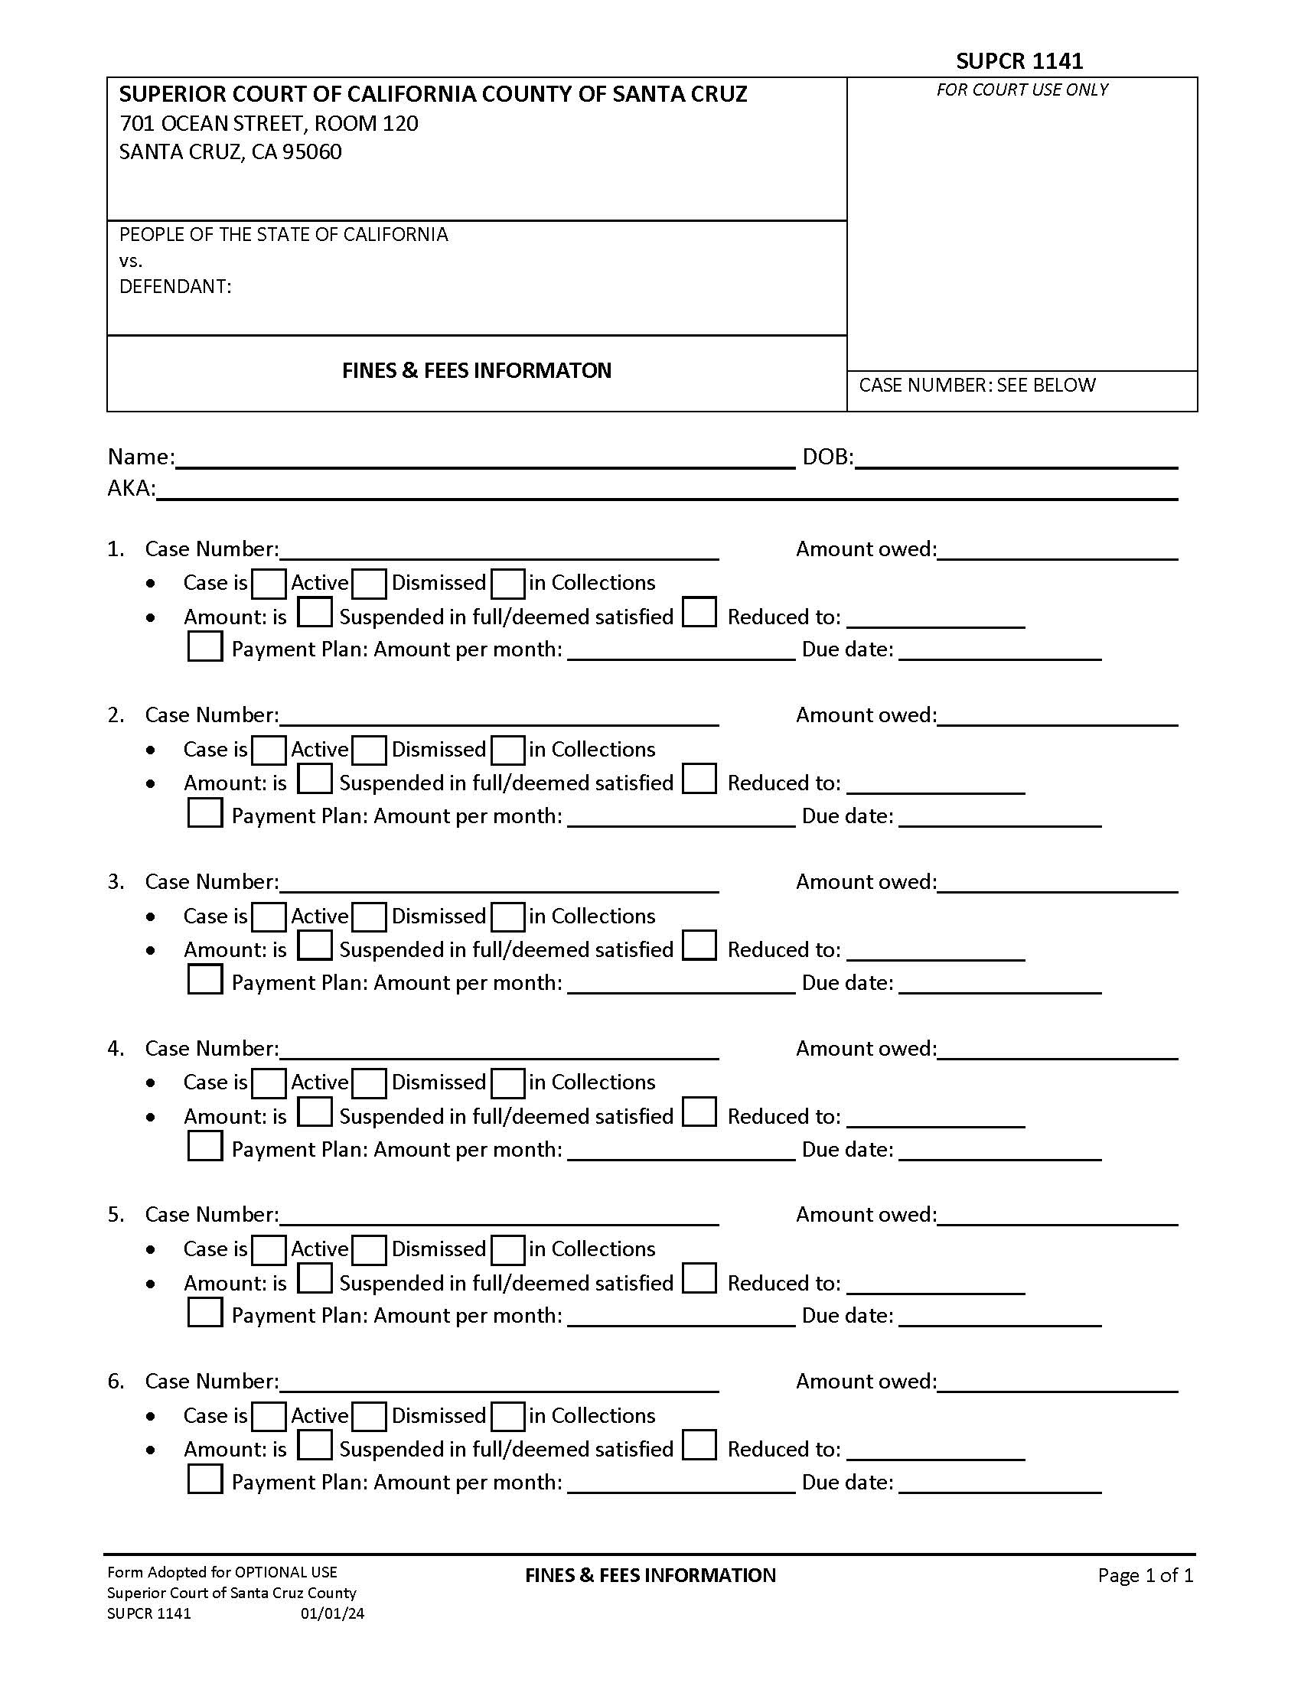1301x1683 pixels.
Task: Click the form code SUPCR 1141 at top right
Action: pos(1019,61)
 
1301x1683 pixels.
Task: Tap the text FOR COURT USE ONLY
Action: pos(1022,90)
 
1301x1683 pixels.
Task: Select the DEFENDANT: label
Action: pos(175,287)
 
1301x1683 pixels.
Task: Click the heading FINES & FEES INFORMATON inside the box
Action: pos(476,371)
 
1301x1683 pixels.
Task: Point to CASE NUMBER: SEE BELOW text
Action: pos(977,386)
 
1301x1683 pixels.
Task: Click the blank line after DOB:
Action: pos(1016,459)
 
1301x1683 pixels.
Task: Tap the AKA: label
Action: pos(131,489)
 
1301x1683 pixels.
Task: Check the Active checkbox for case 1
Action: pos(269,584)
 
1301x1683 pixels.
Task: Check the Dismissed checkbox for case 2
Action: pos(369,750)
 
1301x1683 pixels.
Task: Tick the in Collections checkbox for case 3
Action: pos(508,917)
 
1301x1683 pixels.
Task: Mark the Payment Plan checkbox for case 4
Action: pos(205,1146)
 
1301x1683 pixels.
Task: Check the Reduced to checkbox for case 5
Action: pos(699,1279)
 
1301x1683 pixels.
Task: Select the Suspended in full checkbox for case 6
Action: pos(315,1445)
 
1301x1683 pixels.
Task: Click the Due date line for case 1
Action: pos(999,652)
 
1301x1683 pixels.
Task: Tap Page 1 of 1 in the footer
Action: pos(1146,1575)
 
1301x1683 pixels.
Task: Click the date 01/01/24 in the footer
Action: pos(332,1613)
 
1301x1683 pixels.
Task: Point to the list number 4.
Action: pos(116,1049)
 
